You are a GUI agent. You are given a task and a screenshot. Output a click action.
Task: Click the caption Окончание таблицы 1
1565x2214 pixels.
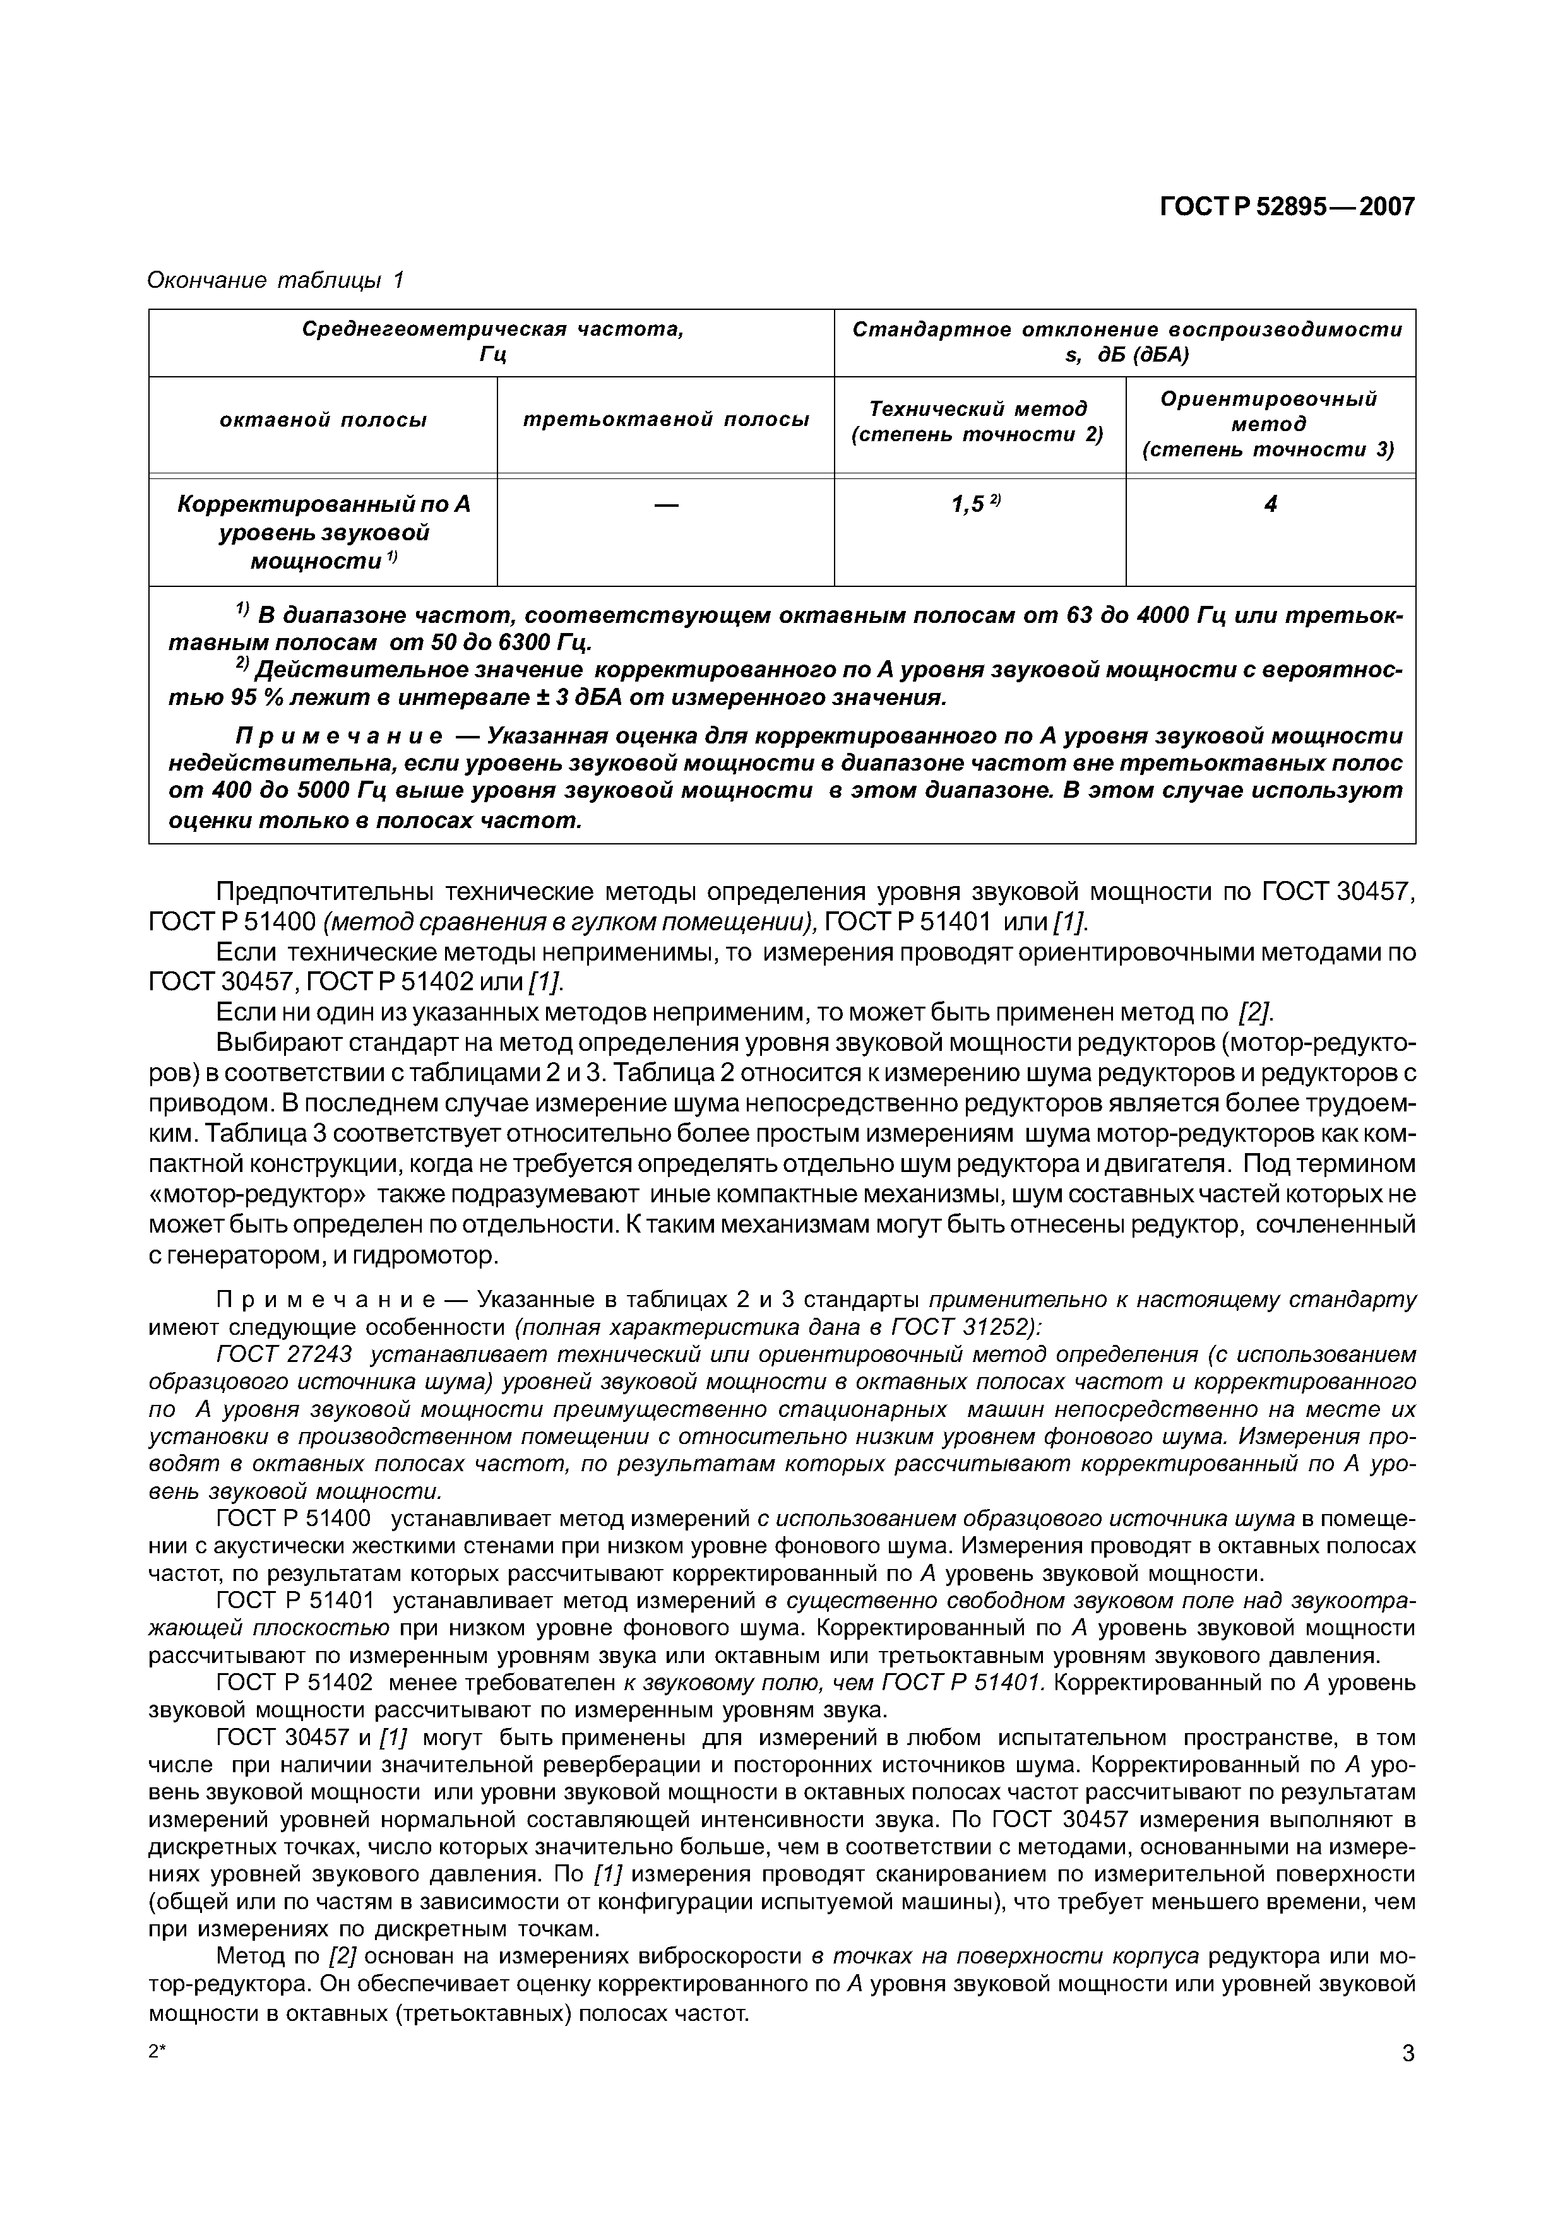(275, 281)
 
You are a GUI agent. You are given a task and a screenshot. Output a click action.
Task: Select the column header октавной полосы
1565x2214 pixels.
(323, 420)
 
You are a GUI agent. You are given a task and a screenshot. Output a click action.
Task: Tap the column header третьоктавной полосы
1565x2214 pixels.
(665, 420)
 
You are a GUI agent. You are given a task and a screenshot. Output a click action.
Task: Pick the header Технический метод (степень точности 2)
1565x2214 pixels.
(978, 422)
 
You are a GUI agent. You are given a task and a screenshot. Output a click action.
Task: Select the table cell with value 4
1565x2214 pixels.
(1270, 504)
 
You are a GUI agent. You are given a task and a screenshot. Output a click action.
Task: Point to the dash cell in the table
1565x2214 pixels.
(665, 504)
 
